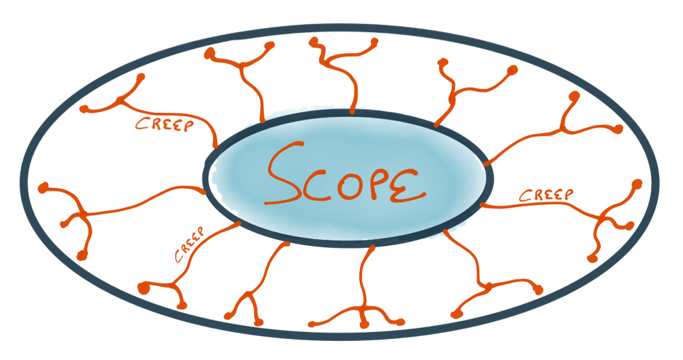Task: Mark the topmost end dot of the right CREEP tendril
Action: click(x=638, y=184)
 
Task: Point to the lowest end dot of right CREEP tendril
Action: click(x=591, y=258)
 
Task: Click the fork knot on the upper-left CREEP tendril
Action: click(x=121, y=102)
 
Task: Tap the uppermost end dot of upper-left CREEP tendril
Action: click(x=141, y=77)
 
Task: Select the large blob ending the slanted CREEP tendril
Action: click(x=143, y=288)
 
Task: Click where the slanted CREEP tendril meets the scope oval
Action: click(x=239, y=223)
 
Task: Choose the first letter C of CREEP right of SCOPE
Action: click(x=525, y=197)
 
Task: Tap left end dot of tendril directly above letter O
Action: click(x=313, y=42)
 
